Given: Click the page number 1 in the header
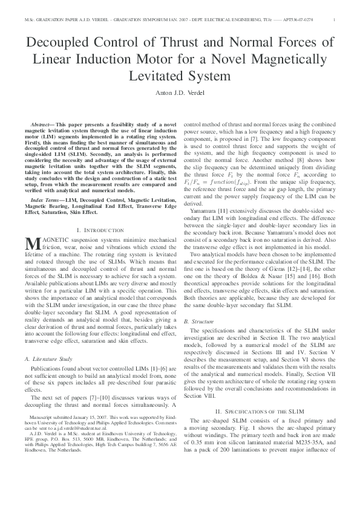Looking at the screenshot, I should coord(334,20).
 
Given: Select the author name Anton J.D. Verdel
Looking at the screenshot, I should coord(180,92).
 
